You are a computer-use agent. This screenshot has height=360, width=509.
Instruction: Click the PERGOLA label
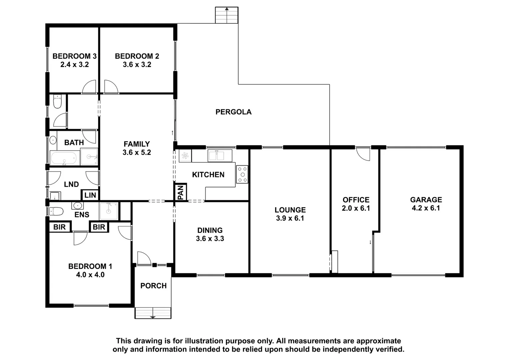233,112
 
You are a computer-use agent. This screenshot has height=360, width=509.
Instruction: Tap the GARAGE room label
426,200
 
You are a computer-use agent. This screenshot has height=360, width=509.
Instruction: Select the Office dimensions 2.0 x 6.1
356,208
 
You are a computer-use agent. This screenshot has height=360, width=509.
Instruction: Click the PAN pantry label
180,192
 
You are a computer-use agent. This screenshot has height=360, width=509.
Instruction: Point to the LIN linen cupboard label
90,195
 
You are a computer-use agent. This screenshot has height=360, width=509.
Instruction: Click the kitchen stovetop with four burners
242,174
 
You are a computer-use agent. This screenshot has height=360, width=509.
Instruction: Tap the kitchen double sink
220,156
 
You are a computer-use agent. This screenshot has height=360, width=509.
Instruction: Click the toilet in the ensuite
57,211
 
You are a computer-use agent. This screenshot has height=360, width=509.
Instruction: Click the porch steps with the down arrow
153,313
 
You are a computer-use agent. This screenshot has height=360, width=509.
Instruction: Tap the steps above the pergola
227,15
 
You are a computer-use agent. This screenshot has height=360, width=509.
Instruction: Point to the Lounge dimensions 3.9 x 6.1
290,218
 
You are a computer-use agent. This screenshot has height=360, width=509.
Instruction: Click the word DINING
210,230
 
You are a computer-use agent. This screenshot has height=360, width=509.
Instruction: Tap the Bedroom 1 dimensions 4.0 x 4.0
90,275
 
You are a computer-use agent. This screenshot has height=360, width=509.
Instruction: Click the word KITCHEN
208,175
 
